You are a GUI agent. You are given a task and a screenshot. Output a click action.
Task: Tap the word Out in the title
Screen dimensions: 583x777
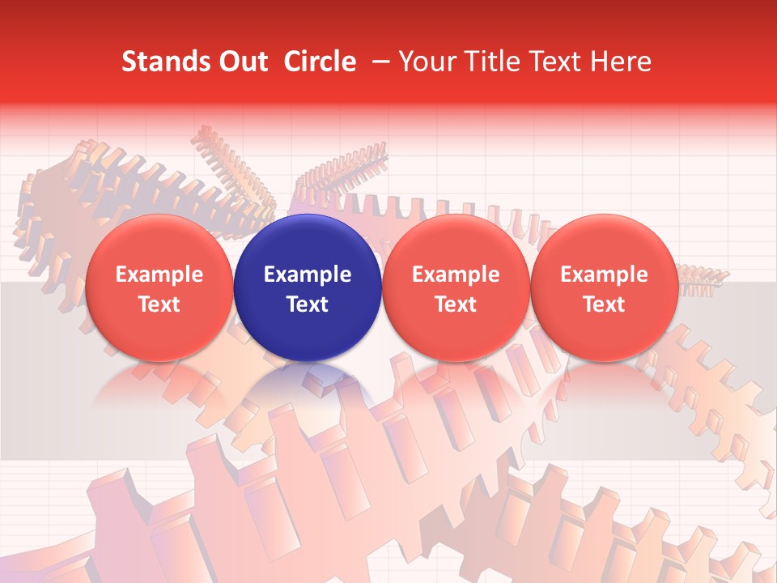[240, 62]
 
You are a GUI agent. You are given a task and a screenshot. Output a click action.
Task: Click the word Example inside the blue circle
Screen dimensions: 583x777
[308, 274]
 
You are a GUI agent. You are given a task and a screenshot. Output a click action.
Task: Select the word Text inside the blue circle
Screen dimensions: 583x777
[308, 304]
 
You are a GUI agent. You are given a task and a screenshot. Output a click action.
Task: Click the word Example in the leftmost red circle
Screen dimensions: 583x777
[159, 274]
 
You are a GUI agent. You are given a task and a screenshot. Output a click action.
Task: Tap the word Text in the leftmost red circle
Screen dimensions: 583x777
[159, 304]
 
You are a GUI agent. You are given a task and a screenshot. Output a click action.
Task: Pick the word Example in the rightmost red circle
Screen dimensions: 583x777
[605, 274]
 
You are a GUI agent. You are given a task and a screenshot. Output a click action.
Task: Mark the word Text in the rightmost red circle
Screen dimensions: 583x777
[605, 304]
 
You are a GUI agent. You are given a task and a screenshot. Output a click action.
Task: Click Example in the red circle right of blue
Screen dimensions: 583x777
[456, 274]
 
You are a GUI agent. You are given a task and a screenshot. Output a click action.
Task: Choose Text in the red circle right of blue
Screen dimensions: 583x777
[456, 304]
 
